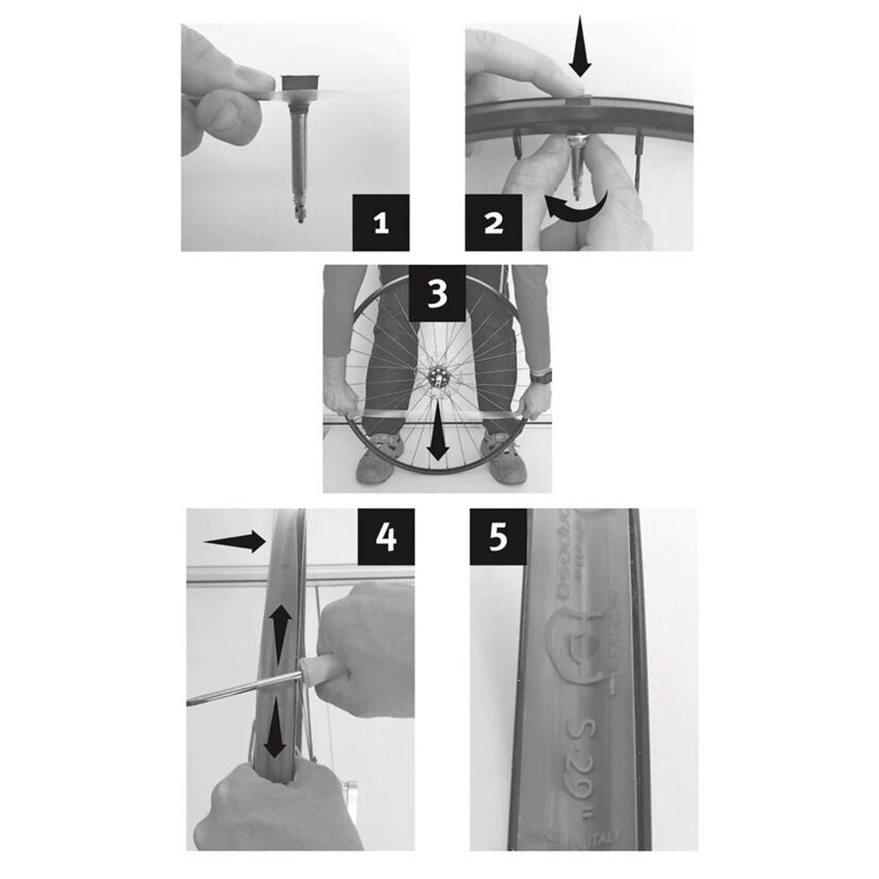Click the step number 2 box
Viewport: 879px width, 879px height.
(494, 224)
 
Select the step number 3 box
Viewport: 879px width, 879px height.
(437, 293)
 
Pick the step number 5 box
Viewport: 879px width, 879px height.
(498, 536)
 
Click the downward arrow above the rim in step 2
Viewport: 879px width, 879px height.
(581, 47)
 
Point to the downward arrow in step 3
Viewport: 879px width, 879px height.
(439, 433)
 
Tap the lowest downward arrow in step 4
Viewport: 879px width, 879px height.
(275, 730)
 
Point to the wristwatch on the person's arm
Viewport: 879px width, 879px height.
(541, 376)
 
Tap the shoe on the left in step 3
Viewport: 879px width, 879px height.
(378, 461)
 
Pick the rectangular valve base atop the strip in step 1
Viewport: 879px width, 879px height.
(300, 82)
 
